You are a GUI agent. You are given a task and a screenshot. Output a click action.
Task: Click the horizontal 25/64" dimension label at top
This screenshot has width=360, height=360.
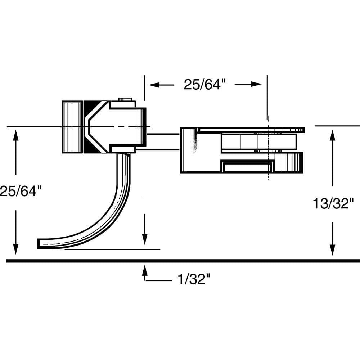pyautogui.click(x=205, y=85)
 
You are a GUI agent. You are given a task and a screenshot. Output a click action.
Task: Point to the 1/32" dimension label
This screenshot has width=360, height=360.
pyautogui.click(x=193, y=279)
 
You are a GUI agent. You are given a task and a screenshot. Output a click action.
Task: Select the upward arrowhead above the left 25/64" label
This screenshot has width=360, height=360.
pyautogui.click(x=15, y=135)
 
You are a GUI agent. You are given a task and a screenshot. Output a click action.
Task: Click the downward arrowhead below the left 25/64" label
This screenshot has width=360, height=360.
pyautogui.click(x=15, y=248)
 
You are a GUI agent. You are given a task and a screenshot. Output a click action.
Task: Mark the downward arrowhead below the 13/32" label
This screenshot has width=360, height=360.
pyautogui.click(x=332, y=249)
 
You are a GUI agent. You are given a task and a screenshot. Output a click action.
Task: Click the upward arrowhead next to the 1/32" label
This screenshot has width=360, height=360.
pyautogui.click(x=145, y=270)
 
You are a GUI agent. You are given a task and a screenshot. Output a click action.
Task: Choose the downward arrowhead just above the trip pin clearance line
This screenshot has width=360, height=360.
pyautogui.click(x=144, y=239)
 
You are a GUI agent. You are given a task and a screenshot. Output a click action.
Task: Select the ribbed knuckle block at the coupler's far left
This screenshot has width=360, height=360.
pyautogui.click(x=72, y=127)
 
